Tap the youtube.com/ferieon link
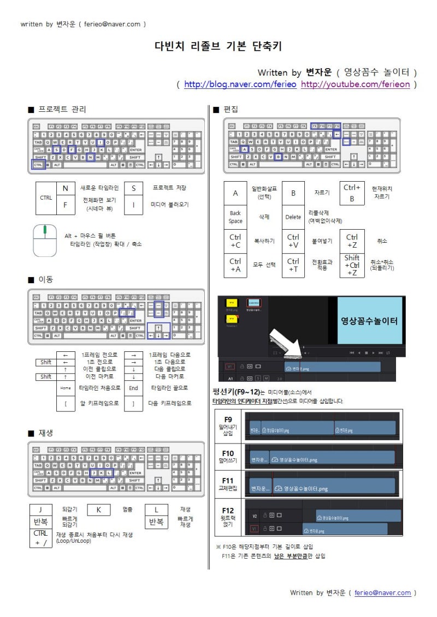click(x=355, y=85)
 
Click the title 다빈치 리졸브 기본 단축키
click(x=218, y=46)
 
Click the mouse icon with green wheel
click(x=45, y=240)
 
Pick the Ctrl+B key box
click(x=352, y=193)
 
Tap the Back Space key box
click(x=235, y=217)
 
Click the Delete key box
click(x=293, y=217)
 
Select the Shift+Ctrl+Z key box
click(x=352, y=265)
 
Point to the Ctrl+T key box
click(x=293, y=265)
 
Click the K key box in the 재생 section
click(x=99, y=510)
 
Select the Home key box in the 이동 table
click(x=65, y=388)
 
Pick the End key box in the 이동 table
click(x=133, y=388)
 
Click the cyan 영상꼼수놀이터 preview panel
click(x=369, y=320)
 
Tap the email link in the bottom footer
click(x=382, y=592)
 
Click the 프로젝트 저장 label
click(x=169, y=188)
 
